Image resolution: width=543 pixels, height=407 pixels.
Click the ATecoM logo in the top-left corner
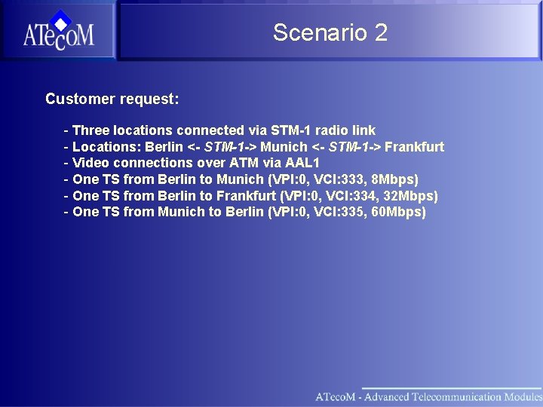point(58,31)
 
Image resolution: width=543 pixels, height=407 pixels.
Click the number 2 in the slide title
point(380,32)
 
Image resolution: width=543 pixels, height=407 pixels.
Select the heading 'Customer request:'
point(112,99)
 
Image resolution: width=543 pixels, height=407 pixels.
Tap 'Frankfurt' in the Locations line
point(414,147)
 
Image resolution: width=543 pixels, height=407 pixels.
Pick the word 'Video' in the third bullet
point(90,163)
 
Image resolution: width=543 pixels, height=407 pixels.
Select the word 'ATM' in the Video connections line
point(235,163)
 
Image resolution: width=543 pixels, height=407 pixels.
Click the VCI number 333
point(351,179)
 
